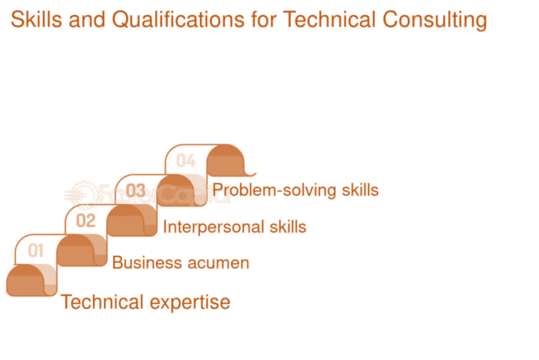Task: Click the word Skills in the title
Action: (36, 19)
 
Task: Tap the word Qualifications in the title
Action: (178, 20)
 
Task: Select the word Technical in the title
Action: (329, 19)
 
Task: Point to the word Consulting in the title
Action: (434, 20)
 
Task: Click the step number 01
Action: (36, 250)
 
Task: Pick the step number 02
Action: (85, 220)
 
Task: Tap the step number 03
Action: (135, 190)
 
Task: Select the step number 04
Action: (185, 160)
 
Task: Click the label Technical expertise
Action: (145, 302)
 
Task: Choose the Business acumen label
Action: (181, 262)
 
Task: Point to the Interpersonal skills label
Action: (234, 227)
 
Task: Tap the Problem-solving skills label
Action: (295, 190)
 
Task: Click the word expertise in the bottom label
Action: (190, 303)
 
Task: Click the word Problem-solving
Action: (274, 190)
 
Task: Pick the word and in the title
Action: (87, 19)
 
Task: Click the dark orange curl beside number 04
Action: (227, 160)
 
